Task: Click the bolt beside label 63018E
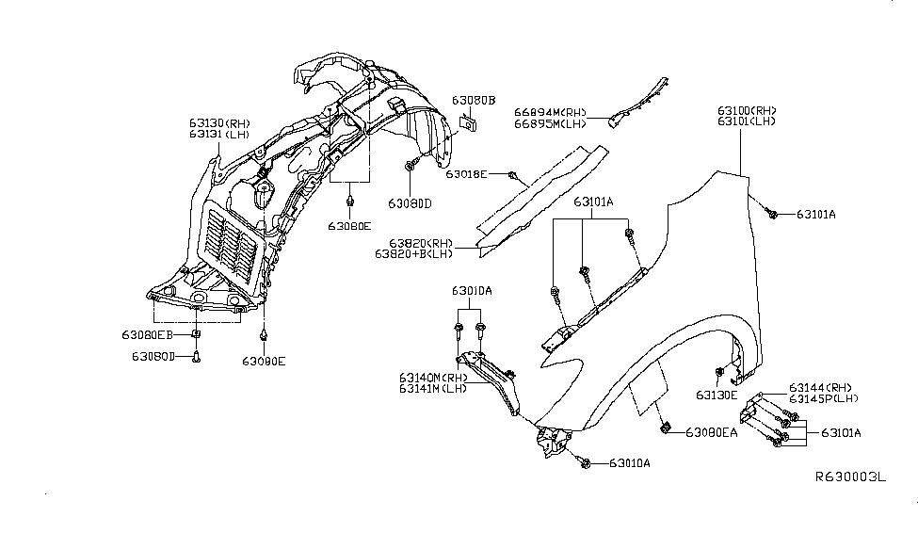click(x=511, y=175)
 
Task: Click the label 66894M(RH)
click(x=551, y=111)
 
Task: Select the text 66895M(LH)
click(x=551, y=123)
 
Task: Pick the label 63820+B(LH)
click(x=414, y=253)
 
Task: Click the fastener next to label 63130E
click(x=720, y=371)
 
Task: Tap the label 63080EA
click(x=712, y=432)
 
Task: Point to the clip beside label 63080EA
click(x=667, y=429)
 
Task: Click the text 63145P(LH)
click(x=826, y=399)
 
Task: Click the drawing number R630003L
click(x=850, y=477)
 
